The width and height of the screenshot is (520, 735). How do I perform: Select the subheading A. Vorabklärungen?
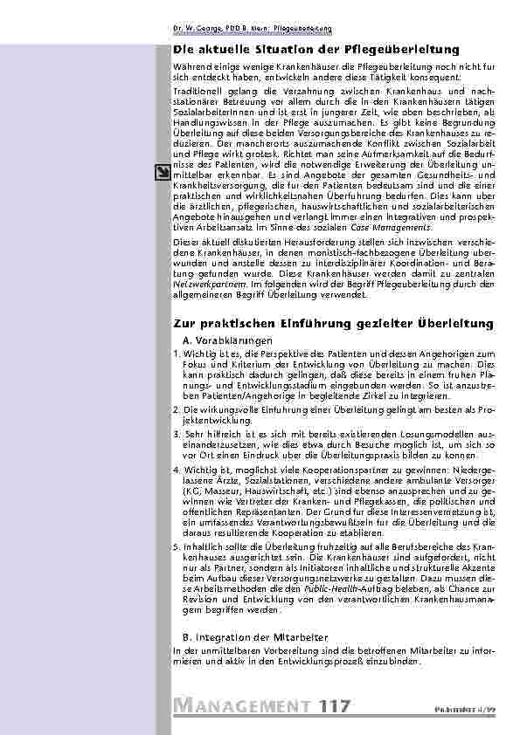point(227,339)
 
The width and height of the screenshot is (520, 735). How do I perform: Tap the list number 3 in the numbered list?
point(176,434)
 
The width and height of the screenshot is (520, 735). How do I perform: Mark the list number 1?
point(176,353)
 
